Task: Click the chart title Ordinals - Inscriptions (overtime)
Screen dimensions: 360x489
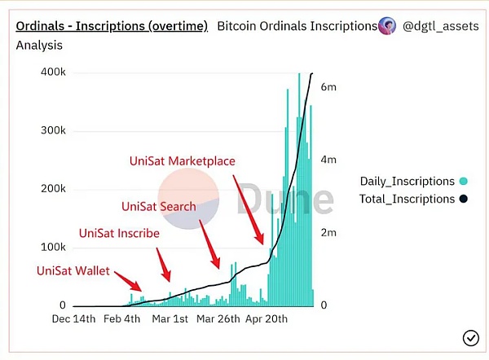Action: click(x=112, y=26)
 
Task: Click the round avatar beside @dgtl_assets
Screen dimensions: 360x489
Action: click(x=387, y=26)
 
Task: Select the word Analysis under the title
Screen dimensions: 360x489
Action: click(x=39, y=45)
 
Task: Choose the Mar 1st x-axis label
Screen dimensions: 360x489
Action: click(x=170, y=318)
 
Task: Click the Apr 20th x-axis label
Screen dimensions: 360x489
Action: click(x=267, y=318)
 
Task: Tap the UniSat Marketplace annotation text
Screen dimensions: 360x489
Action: click(x=183, y=161)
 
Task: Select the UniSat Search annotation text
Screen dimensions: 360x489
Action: click(x=158, y=206)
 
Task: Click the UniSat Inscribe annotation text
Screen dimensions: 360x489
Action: click(x=119, y=233)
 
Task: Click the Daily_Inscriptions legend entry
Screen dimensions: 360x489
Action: click(x=407, y=181)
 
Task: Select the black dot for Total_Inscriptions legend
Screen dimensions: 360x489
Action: click(x=463, y=199)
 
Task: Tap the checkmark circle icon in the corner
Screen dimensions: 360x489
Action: click(x=470, y=337)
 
